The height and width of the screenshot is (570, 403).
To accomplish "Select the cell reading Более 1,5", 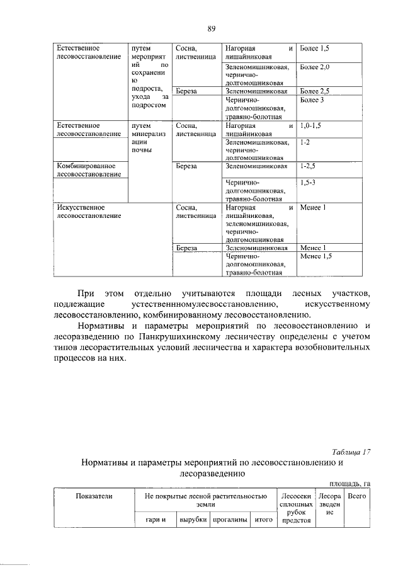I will (x=315, y=48).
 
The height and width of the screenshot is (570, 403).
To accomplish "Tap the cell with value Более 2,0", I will (x=315, y=67).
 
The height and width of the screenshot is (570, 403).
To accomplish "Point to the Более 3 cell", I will (x=312, y=100).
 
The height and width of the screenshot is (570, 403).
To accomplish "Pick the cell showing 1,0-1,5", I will (x=311, y=126).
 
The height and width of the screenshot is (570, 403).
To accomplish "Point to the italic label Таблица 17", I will (x=351, y=451).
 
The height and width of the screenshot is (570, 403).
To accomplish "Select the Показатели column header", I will (x=94, y=496).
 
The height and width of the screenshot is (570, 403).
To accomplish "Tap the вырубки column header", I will (x=193, y=520).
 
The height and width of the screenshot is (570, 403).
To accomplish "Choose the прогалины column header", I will (x=229, y=520).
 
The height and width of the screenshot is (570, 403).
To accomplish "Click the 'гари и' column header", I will (x=154, y=520).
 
